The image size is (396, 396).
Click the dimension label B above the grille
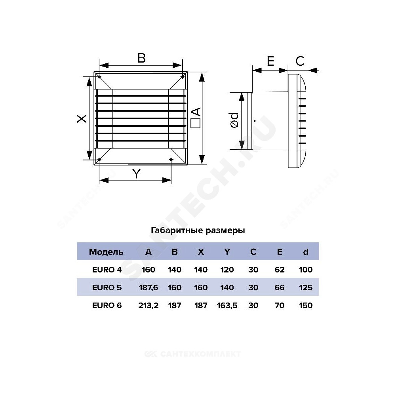(141, 58)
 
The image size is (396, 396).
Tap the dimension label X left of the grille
(82, 118)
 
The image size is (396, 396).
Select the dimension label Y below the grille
(136, 174)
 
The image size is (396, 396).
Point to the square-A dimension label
(196, 118)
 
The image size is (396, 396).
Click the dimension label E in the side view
(270, 61)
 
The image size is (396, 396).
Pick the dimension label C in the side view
(300, 61)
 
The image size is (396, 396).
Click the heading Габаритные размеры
(198, 230)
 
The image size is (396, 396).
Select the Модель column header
(106, 252)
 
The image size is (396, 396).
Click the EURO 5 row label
(107, 287)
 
